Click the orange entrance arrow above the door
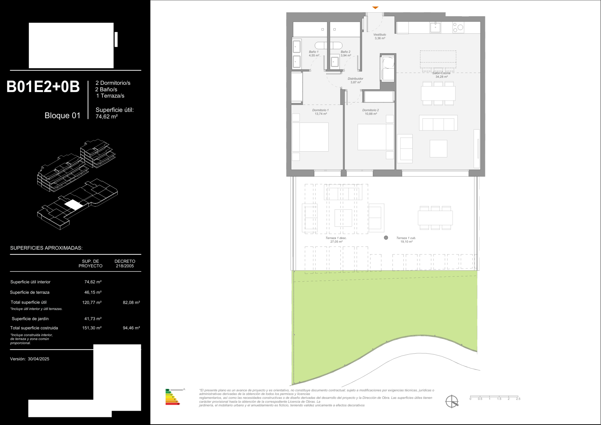375,8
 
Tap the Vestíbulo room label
380,35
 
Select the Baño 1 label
314,52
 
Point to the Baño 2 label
345,52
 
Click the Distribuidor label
355,79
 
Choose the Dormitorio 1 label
320,110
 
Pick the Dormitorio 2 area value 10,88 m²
371,114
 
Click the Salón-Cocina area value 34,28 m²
442,77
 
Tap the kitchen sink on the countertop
435,28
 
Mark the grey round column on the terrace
386,238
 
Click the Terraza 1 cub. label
406,238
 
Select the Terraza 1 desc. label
336,238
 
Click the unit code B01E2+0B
43,87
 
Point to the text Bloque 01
63,116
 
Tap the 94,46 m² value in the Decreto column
131,328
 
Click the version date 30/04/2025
38,359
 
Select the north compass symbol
452,402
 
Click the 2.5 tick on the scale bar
518,399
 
